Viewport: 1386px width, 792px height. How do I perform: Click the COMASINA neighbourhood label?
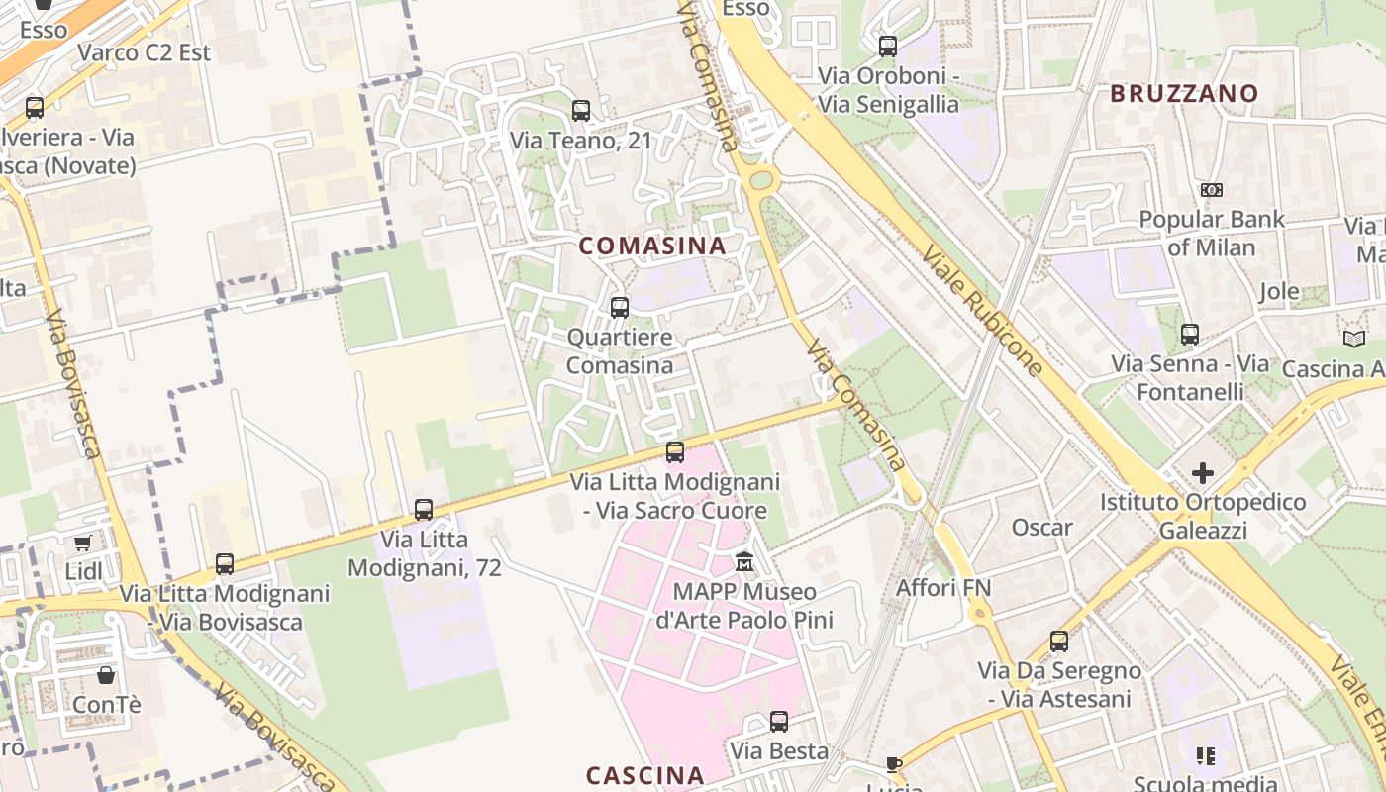pos(651,246)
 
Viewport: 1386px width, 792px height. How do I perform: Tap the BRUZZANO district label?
pos(1184,94)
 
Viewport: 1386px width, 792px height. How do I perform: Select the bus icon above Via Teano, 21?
pos(581,111)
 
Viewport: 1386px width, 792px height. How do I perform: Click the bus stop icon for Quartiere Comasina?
pos(620,308)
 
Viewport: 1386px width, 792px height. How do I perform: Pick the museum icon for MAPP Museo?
pos(744,562)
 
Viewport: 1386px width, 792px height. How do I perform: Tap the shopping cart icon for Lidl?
pos(82,543)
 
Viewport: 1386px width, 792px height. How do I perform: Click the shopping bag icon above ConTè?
pos(106,675)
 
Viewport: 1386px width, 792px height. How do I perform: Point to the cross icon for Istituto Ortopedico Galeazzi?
pos(1203,473)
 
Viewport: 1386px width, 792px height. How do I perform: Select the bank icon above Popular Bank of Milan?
pos(1211,190)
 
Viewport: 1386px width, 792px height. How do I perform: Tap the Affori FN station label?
pos(943,588)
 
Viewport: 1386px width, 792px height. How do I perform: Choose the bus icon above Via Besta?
pos(779,722)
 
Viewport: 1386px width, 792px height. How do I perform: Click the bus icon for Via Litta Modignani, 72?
pos(424,510)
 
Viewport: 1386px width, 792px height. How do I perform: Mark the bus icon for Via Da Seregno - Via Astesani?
pos(1059,642)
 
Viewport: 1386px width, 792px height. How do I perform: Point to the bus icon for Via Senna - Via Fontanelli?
pos(1190,335)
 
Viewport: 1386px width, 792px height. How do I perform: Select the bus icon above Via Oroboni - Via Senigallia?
pos(888,46)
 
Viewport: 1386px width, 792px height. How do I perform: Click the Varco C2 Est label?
pos(145,52)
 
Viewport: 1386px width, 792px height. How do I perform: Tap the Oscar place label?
pos(1041,528)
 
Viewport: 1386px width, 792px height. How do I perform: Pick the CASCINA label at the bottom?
pos(644,775)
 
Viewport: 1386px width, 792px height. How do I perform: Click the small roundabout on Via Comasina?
pos(761,180)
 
